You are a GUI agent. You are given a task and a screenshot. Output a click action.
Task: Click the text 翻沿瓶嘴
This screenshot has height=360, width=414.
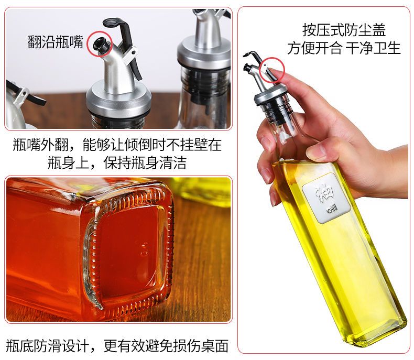point(56,42)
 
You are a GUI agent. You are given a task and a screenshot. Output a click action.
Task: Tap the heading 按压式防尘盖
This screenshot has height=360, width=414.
point(344,30)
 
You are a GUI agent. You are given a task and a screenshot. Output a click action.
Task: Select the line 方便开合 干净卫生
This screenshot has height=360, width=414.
point(344,48)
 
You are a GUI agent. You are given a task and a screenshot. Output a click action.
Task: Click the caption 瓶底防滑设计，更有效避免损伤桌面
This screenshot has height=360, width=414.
point(117,346)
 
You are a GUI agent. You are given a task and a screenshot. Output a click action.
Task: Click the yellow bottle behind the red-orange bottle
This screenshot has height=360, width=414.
point(203,191)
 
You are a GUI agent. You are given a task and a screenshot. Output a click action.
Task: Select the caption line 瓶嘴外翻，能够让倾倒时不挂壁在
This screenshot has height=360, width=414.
point(117,145)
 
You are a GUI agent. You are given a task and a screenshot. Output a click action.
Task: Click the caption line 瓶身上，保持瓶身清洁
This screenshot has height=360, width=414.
point(117,163)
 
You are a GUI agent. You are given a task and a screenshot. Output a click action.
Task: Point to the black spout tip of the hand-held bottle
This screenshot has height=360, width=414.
point(247,67)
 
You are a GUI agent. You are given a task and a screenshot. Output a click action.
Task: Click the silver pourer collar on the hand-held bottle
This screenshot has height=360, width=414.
point(270,94)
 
